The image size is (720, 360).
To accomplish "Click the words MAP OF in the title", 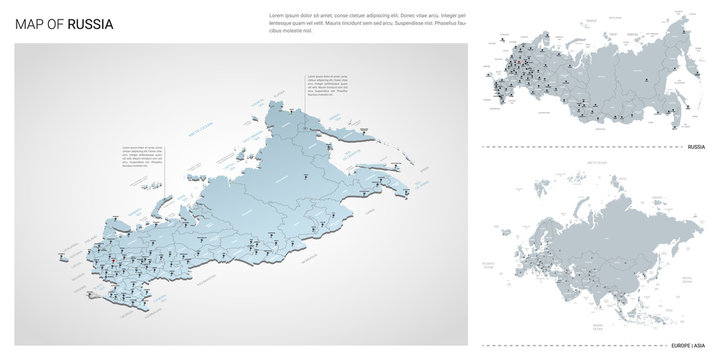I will [x=39, y=23].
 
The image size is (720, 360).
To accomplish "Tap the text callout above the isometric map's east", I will [x=326, y=91].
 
